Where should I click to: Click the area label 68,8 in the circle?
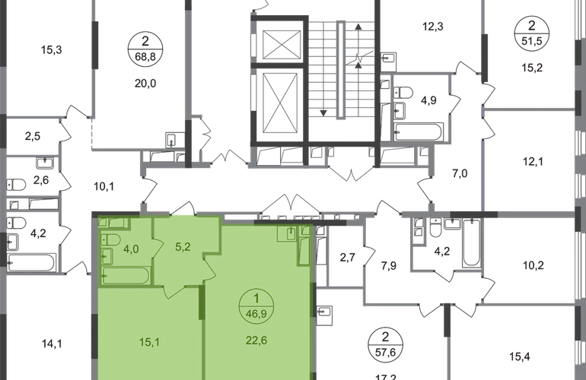coord(145,56)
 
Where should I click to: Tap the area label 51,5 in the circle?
coord(532,41)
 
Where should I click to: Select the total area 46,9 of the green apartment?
coord(256,314)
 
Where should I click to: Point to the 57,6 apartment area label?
coord(385,352)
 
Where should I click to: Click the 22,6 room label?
coord(256,340)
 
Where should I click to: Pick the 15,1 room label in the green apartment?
coord(150,341)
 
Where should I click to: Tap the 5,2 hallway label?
coord(183,247)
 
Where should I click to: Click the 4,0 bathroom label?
coord(131,249)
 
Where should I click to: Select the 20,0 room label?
coord(145,84)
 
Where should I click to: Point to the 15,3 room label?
coord(51,49)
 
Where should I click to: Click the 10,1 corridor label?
coord(104,186)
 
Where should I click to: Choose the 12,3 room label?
coord(433,27)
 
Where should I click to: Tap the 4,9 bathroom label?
coord(428,100)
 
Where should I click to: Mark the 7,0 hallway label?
coord(460,173)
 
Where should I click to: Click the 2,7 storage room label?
coord(347,257)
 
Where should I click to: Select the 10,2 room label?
coord(533,265)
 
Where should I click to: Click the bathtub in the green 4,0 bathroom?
coord(126,276)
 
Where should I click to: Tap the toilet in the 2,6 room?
coord(17,185)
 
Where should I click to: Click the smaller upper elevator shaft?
coord(282,44)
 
